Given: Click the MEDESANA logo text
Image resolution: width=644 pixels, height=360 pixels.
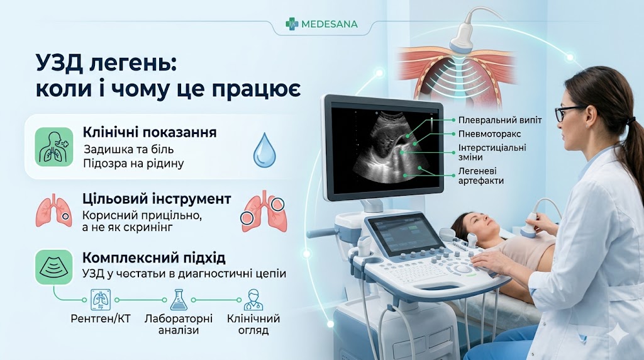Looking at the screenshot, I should click(329, 24).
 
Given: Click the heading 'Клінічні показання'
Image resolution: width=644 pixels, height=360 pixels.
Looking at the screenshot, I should click(150, 133).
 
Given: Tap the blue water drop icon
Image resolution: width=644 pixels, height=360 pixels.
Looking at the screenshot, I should click(264, 150).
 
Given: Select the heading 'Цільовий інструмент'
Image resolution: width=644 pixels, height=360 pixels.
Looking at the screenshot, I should click(157, 199).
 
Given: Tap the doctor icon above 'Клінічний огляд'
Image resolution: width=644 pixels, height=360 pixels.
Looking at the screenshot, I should click(253, 298).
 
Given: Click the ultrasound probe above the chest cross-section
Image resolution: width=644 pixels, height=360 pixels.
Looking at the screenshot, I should click(464, 37).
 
